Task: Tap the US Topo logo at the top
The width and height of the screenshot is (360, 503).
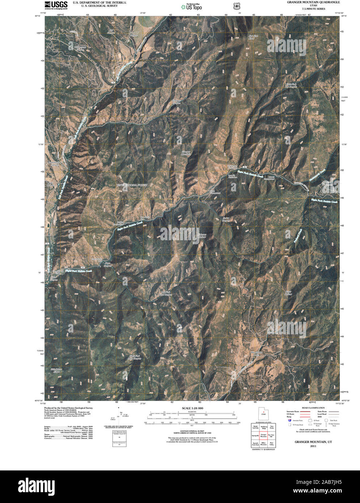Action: pyautogui.click(x=191, y=7)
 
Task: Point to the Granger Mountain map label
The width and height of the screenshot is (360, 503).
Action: pyautogui.click(x=186, y=153)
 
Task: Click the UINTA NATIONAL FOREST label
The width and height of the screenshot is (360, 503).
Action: pyautogui.click(x=132, y=185)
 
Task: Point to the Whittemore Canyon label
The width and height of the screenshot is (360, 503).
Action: pyautogui.click(x=81, y=48)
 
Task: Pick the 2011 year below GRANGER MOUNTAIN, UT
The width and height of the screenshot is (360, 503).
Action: pyautogui.click(x=313, y=446)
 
